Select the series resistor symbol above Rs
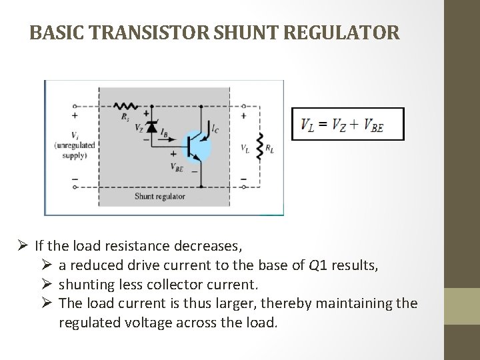click(125, 105)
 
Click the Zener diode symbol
click(152, 126)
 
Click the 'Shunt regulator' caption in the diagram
click(159, 196)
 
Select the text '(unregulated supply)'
click(75, 150)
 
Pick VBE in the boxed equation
click(373, 125)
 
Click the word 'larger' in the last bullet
click(239, 304)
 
